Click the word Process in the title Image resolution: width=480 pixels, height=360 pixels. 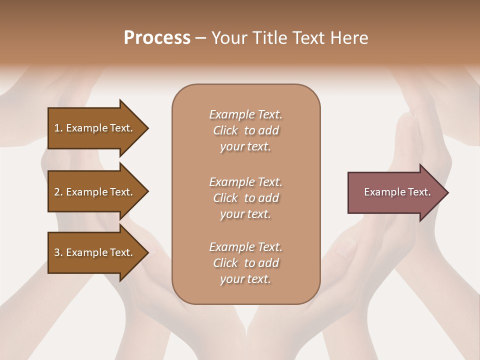click(157, 37)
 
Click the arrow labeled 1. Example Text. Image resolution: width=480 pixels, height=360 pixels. click(95, 128)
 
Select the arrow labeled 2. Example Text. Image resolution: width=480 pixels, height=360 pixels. click(95, 192)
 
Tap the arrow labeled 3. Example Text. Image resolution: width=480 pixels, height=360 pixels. click(95, 252)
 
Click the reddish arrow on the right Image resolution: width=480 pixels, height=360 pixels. click(395, 192)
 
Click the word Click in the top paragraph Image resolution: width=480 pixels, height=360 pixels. click(225, 130)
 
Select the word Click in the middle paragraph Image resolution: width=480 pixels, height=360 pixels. click(225, 198)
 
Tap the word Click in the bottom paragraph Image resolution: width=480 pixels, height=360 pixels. click(225, 263)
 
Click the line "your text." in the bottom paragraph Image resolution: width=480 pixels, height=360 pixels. click(245, 279)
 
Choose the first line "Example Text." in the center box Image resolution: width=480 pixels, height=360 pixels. click(245, 114)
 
